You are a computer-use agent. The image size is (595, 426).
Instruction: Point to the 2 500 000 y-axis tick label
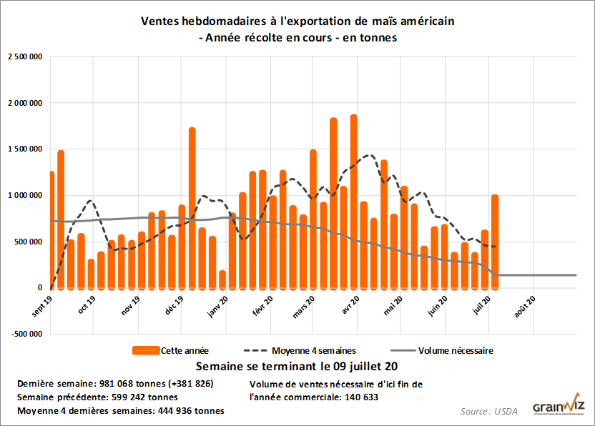pos(26,56)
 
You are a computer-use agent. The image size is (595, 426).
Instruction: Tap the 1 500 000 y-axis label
pos(26,149)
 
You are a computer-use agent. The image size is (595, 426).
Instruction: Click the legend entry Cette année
pos(171,350)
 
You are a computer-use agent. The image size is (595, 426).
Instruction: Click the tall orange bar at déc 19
pos(192,208)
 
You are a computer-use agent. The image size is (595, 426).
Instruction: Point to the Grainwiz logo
pos(558,405)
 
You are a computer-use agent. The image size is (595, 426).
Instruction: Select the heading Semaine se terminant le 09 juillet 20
pos(297,367)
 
